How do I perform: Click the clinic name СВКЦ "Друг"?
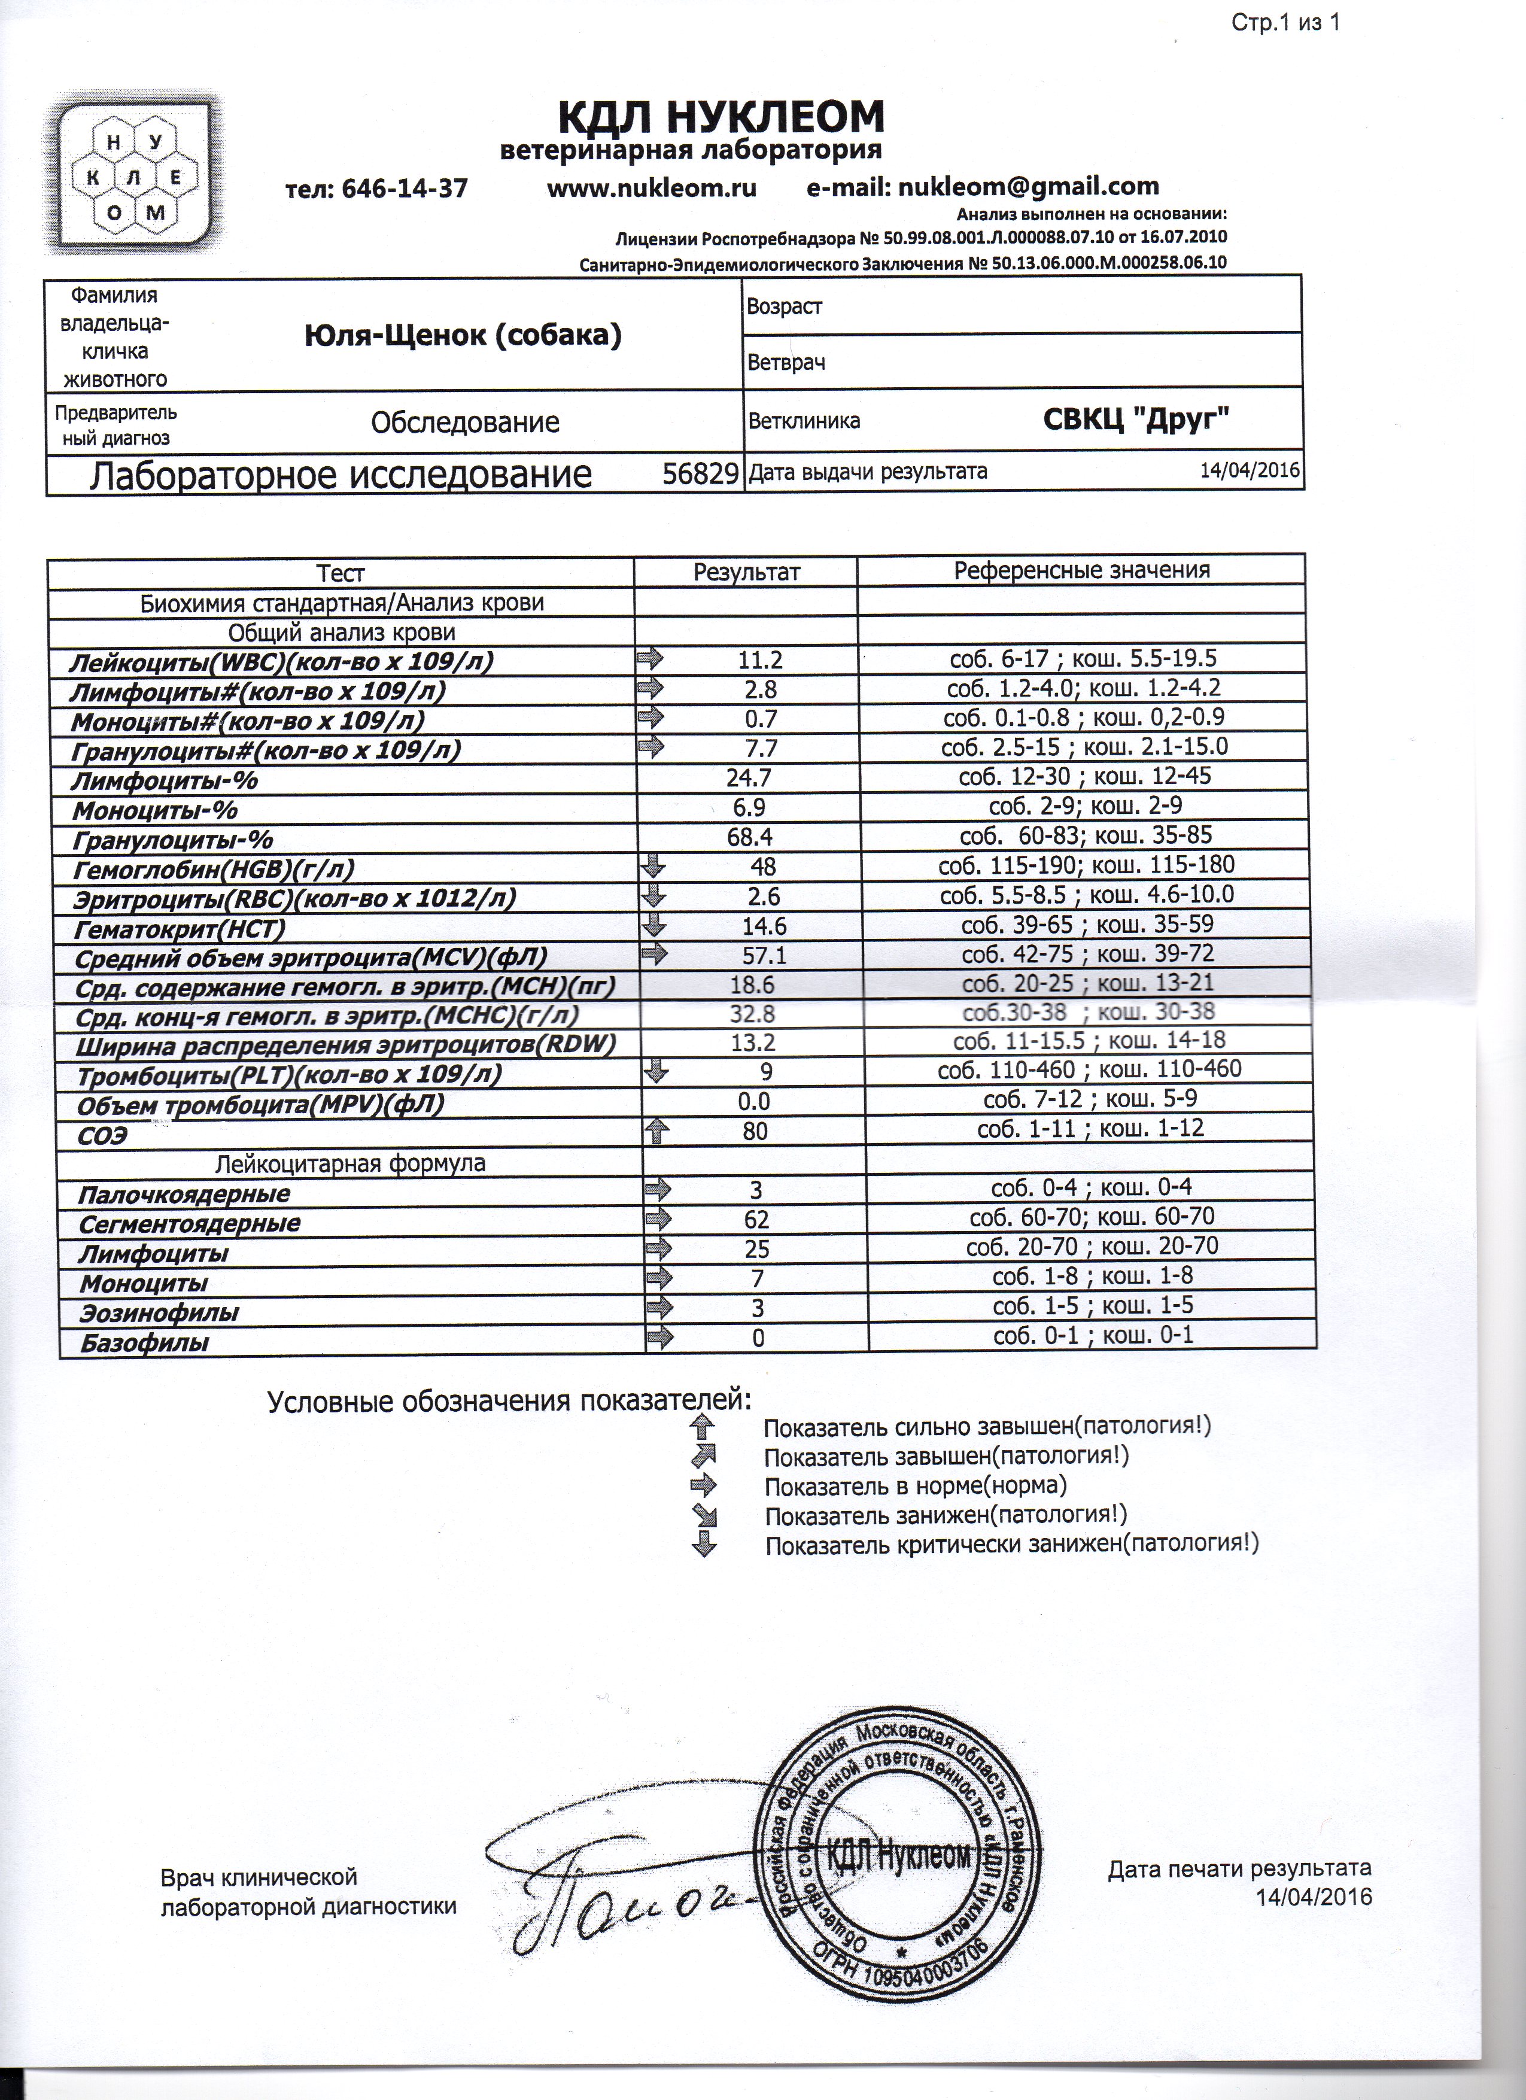(1136, 420)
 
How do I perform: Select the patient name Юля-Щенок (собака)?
(463, 335)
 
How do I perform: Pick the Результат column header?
(746, 572)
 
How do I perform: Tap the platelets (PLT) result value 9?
(766, 1072)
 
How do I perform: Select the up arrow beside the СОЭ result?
(656, 1130)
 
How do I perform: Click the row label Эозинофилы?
(159, 1313)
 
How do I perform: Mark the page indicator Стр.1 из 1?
(1284, 23)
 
